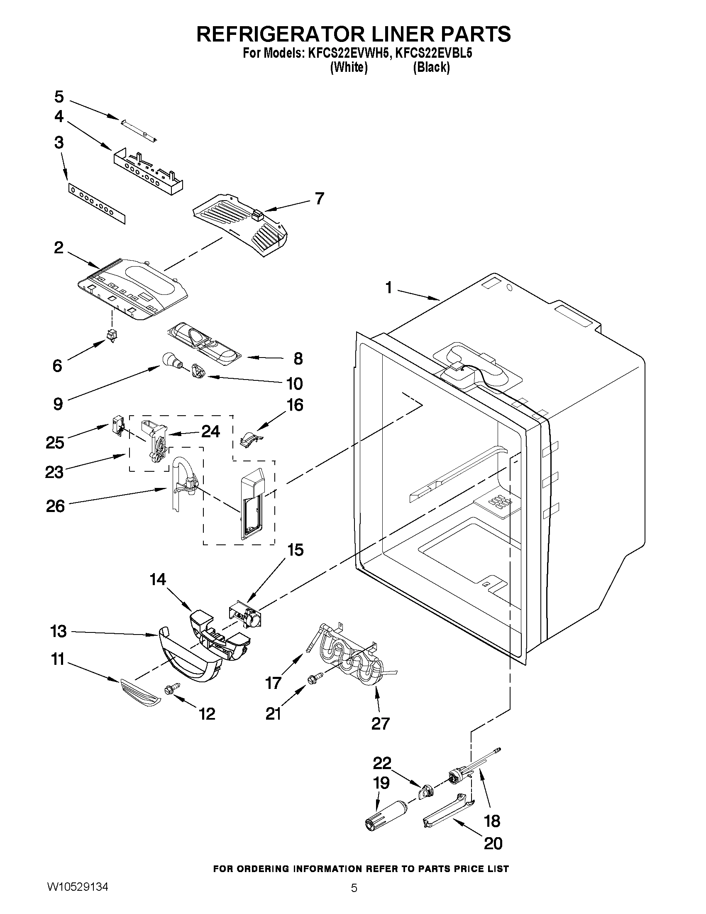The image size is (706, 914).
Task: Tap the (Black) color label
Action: coord(431,67)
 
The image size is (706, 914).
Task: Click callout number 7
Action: coord(319,198)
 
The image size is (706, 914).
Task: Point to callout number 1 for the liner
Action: coord(388,288)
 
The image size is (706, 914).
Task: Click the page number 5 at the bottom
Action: coord(354,899)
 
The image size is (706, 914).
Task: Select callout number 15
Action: coord(295,551)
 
